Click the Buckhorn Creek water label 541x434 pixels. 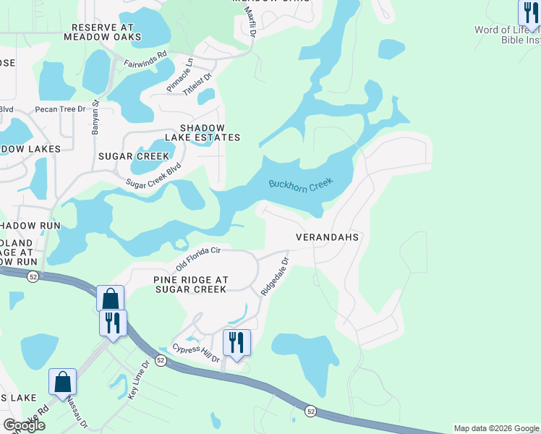(299, 185)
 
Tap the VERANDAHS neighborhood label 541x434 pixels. (328, 237)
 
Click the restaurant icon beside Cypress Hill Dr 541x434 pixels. (237, 342)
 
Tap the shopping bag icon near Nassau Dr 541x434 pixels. (63, 382)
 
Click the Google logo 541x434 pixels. (24, 425)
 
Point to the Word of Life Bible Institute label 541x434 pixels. (506, 35)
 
